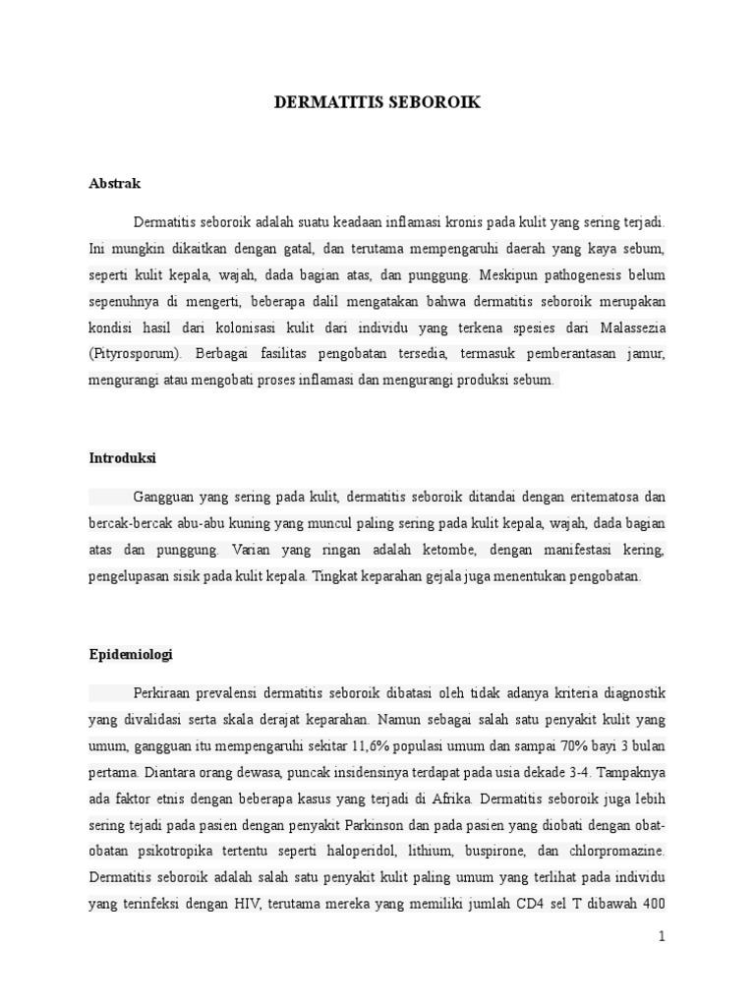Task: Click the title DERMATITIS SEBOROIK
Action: pos(377,102)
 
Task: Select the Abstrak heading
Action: pos(115,184)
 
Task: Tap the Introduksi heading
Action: pos(123,458)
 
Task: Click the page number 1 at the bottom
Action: pos(663,937)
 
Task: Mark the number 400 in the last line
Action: pos(653,875)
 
